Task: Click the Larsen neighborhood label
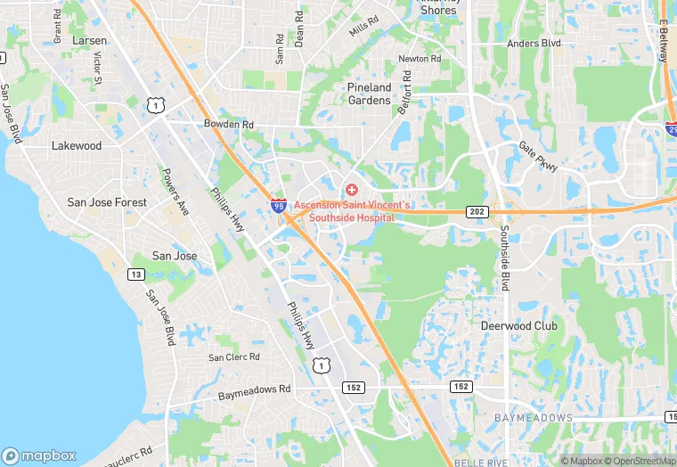point(90,41)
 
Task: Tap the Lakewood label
point(77,145)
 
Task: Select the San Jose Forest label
point(107,202)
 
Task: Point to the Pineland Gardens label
point(369,94)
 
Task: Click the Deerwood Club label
point(518,326)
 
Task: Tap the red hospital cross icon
point(352,190)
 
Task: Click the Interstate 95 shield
point(279,206)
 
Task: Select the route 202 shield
point(476,211)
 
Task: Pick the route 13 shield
point(136,274)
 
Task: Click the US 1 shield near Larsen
point(156,106)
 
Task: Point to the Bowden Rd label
point(229,125)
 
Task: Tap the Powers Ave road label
point(176,193)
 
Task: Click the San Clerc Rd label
point(234,357)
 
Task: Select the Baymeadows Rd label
point(255,390)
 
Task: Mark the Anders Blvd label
point(534,43)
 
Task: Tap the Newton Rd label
point(420,59)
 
